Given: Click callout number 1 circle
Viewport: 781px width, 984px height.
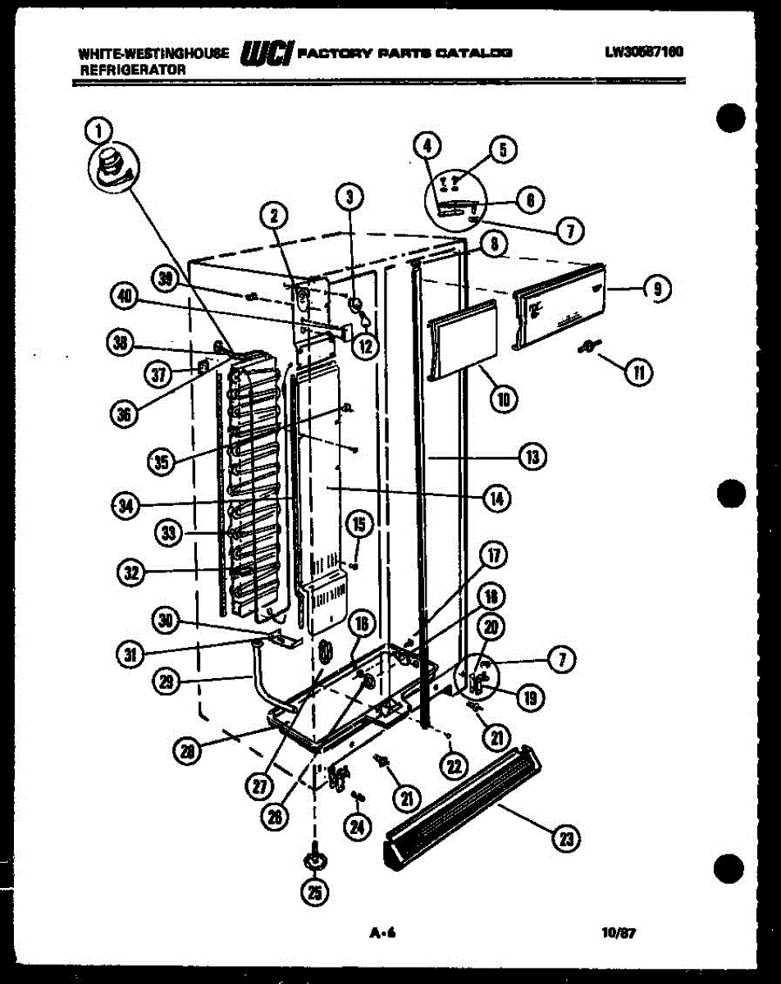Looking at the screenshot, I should coord(98,129).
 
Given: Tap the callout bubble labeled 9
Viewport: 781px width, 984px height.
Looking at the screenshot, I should coord(657,288).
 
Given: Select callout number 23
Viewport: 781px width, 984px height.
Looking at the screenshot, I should coord(565,838).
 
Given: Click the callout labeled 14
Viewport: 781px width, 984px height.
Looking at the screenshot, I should coord(496,496).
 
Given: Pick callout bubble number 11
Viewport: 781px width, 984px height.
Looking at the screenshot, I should coord(637,373).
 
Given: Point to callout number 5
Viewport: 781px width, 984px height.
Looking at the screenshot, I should coord(503,149).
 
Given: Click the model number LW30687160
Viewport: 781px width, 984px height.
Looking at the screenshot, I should coord(644,52).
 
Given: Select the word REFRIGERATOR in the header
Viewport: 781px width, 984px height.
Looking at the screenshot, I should coord(132,70).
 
